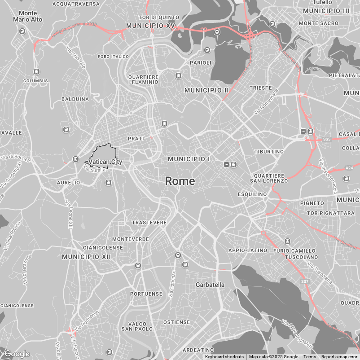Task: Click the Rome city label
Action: [x=180, y=181]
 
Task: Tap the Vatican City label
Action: [x=105, y=162]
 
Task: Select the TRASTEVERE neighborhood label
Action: [x=149, y=223]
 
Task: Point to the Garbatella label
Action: [x=210, y=285]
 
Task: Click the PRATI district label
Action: [x=136, y=139]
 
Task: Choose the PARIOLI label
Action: [x=201, y=63]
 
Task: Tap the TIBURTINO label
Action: [x=269, y=152]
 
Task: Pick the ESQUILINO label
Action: [x=253, y=194]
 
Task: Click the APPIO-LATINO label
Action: [x=248, y=250]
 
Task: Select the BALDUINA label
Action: [x=75, y=99]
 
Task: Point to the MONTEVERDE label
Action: [x=131, y=239]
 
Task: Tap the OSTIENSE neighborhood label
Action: [x=176, y=322]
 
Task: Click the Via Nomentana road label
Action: [x=266, y=101]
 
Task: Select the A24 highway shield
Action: [x=349, y=168]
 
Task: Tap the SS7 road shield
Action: [x=305, y=281]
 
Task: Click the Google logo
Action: [x=17, y=354]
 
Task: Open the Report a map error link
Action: [x=339, y=357]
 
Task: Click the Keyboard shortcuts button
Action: [x=224, y=357]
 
